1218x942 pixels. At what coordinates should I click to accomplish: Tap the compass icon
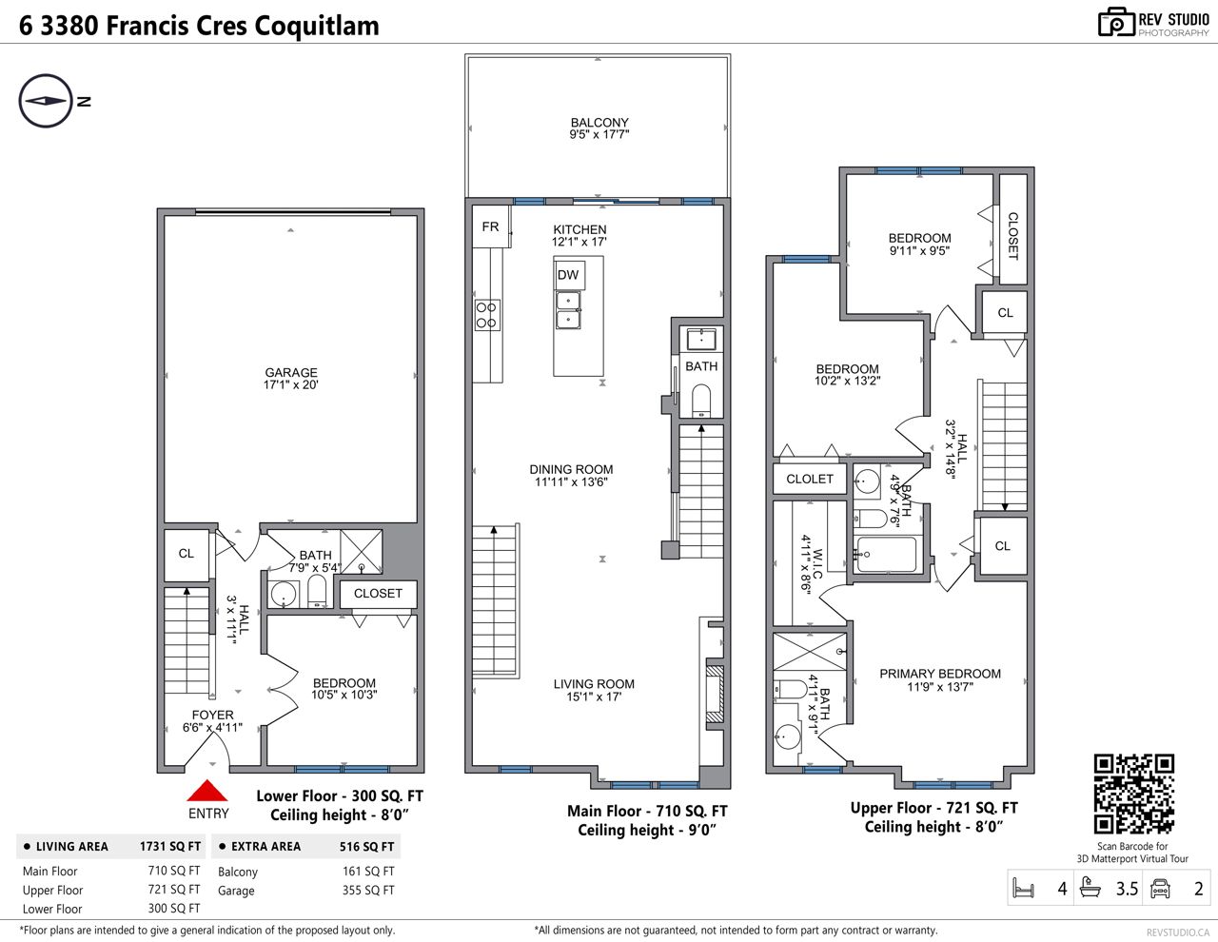(x=46, y=101)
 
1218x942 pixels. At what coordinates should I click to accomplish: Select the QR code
(x=1134, y=795)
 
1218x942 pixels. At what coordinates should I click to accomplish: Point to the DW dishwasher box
(x=569, y=275)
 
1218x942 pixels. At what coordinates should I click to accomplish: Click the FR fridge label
(x=490, y=226)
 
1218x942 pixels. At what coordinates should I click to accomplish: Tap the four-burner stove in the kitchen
(x=486, y=315)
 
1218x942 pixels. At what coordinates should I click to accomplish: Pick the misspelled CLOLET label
(x=810, y=480)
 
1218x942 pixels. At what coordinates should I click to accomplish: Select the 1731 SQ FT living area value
(x=170, y=846)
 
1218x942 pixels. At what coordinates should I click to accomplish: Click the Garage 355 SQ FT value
(x=368, y=890)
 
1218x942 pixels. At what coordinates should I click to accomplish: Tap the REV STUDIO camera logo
(x=1116, y=23)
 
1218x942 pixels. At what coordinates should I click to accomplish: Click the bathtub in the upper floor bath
(x=886, y=555)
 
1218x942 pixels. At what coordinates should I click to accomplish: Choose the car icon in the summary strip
(x=1160, y=888)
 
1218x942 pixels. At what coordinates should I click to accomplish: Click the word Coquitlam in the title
(x=317, y=26)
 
